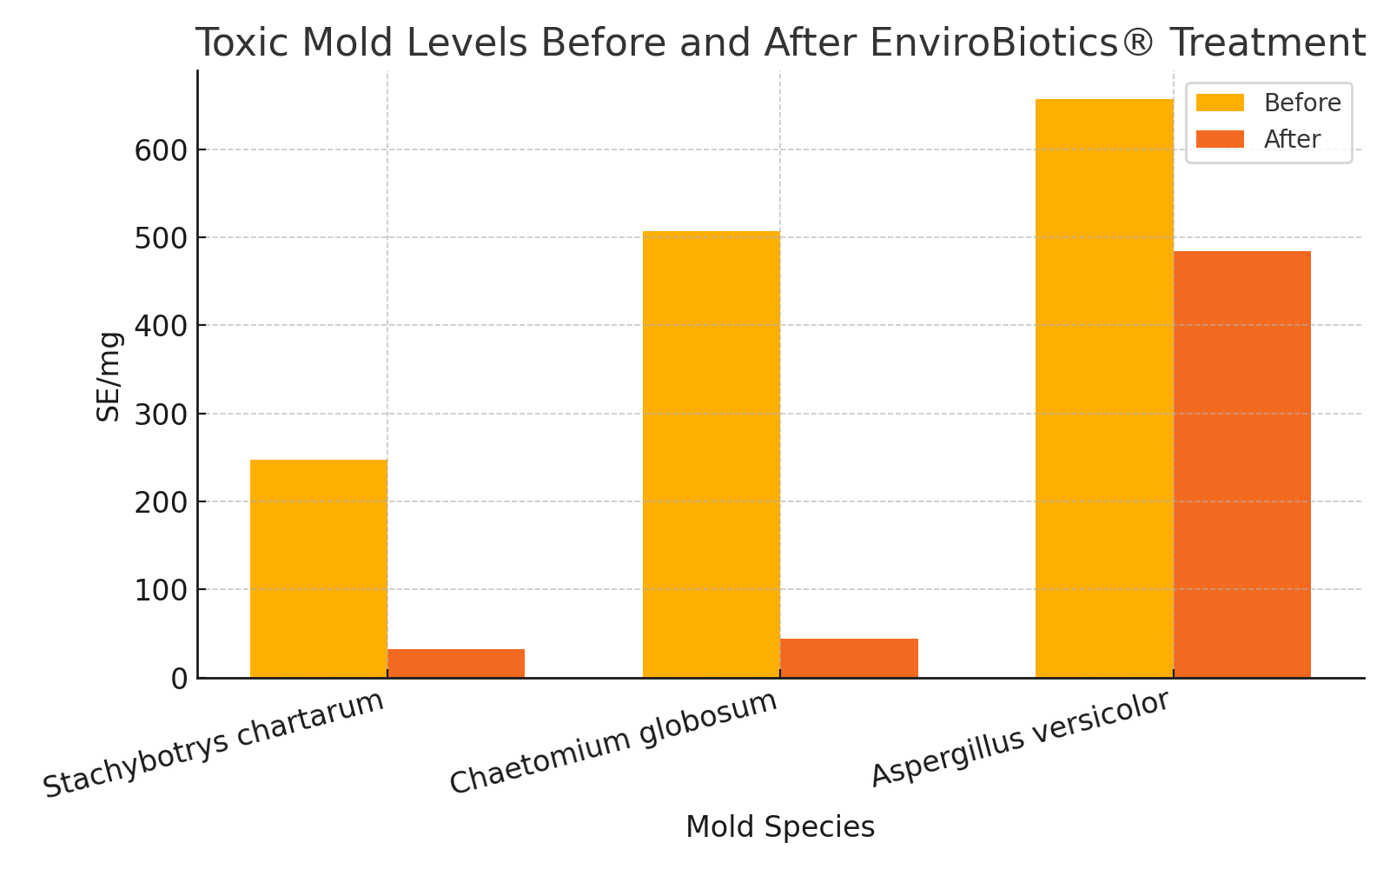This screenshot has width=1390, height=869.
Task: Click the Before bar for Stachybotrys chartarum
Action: click(x=319, y=568)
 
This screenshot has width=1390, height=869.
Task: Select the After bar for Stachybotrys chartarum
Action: click(x=456, y=663)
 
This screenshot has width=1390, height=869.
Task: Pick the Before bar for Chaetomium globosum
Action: click(x=712, y=454)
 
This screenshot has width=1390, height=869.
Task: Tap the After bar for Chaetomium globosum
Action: click(x=849, y=658)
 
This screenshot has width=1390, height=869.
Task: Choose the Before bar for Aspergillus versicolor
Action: click(x=1104, y=388)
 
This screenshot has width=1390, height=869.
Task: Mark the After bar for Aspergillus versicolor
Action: click(x=1242, y=464)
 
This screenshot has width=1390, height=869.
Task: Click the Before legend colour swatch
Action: click(x=1220, y=103)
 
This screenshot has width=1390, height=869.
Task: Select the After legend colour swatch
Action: click(x=1220, y=139)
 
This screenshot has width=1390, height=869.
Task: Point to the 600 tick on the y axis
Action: click(x=162, y=150)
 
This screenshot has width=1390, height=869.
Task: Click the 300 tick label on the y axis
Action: click(x=162, y=415)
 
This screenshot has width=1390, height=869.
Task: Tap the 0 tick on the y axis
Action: click(x=179, y=679)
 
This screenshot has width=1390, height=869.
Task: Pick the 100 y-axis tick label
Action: click(x=162, y=591)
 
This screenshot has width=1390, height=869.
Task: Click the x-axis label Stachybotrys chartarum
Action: click(x=214, y=744)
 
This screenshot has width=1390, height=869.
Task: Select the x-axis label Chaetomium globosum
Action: click(x=613, y=742)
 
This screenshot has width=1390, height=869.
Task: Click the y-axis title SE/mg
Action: click(x=109, y=376)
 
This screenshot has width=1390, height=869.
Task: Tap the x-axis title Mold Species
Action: click(x=780, y=827)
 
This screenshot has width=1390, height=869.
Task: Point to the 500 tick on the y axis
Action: click(x=162, y=238)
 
